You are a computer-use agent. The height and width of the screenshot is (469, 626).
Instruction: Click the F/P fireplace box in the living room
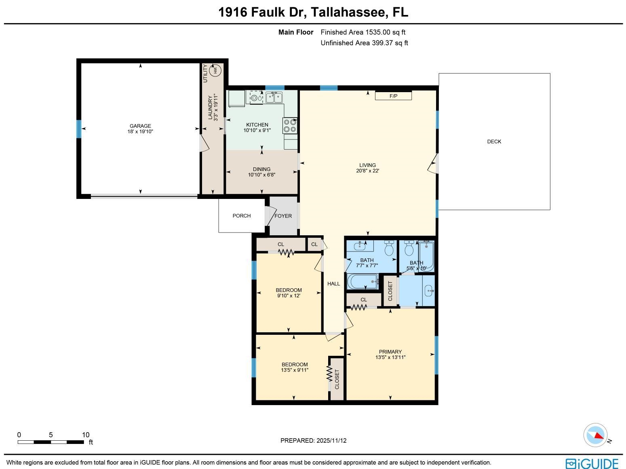[393, 96]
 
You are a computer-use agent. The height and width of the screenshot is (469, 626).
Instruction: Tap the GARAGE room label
[140, 126]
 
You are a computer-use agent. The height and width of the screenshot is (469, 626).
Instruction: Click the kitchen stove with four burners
[290, 125]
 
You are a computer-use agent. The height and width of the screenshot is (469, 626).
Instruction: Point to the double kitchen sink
[274, 97]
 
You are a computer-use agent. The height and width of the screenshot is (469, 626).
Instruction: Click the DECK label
[494, 142]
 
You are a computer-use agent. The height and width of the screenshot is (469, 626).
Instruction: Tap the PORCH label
[242, 216]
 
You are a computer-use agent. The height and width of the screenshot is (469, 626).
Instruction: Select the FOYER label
[283, 216]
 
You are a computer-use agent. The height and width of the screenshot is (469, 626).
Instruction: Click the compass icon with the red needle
[595, 435]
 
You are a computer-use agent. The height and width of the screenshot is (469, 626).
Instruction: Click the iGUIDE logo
[592, 463]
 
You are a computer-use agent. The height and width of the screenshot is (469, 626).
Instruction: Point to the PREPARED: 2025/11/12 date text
[313, 441]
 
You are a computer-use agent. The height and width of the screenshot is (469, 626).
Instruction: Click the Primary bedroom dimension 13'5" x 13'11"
[390, 357]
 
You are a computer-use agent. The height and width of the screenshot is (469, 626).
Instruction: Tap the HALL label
[333, 284]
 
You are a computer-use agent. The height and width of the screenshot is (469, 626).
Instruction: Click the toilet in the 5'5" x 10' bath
[409, 249]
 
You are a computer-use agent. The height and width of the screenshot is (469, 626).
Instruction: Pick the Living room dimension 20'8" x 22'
[367, 171]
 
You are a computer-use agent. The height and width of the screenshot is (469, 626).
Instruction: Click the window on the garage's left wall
[79, 129]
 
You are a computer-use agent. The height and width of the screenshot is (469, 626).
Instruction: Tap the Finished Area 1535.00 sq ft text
[363, 32]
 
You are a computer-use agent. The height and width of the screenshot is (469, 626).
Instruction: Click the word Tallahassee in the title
[349, 13]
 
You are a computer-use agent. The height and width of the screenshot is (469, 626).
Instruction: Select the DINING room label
[261, 169]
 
